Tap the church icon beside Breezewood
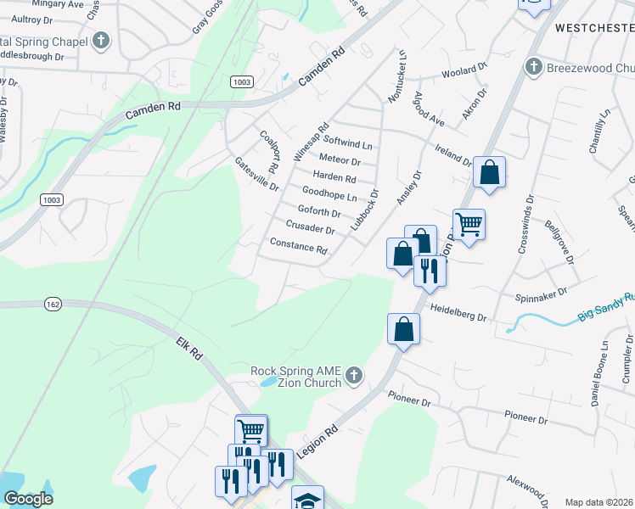534,66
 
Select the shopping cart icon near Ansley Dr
469,225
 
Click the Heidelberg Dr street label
458,312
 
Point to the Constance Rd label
298,246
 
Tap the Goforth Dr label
319,211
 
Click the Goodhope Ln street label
329,194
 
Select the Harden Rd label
334,177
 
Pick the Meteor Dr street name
340,159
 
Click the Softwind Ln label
348,144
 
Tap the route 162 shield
50,304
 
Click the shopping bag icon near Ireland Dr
490,173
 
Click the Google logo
29,499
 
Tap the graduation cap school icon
307,499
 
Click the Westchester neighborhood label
594,28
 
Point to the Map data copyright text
599,502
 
